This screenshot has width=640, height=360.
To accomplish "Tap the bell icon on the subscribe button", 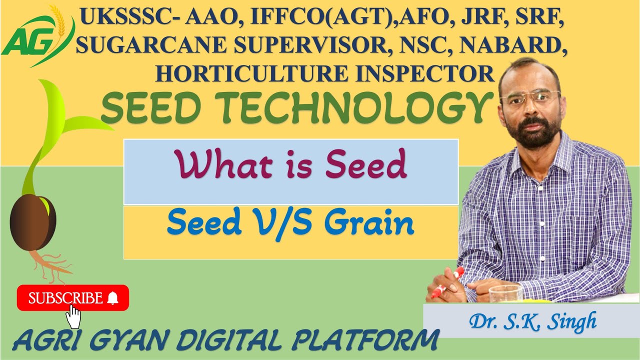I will [113, 298].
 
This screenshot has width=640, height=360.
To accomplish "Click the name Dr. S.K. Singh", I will [532, 321].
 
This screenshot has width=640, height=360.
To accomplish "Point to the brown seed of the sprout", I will [32, 222].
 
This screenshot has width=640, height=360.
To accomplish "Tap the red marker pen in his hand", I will [448, 282].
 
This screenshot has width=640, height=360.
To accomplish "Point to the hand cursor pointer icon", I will [73, 316].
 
